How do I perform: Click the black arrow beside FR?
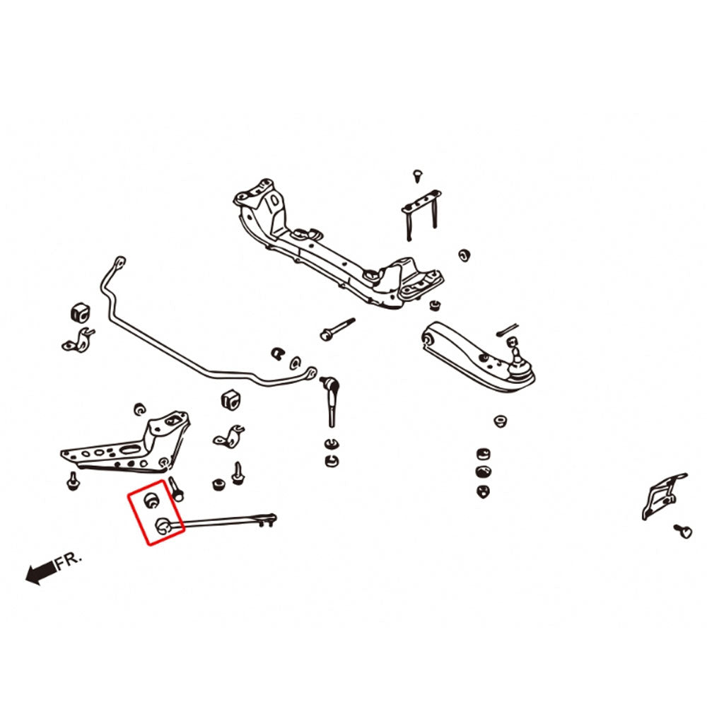40,572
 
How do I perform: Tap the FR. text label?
69,561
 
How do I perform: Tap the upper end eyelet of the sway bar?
120,262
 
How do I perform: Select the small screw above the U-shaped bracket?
418,175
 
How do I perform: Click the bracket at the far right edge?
664,496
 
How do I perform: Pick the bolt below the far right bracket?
683,531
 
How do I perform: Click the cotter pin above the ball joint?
507,329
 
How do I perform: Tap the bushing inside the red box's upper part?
152,500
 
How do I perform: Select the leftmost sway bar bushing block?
81,313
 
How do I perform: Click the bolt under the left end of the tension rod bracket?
72,481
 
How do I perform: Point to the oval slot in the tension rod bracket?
130,449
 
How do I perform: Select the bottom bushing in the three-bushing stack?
483,491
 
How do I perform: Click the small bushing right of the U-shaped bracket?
464,255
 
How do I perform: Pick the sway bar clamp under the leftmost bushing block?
78,341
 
